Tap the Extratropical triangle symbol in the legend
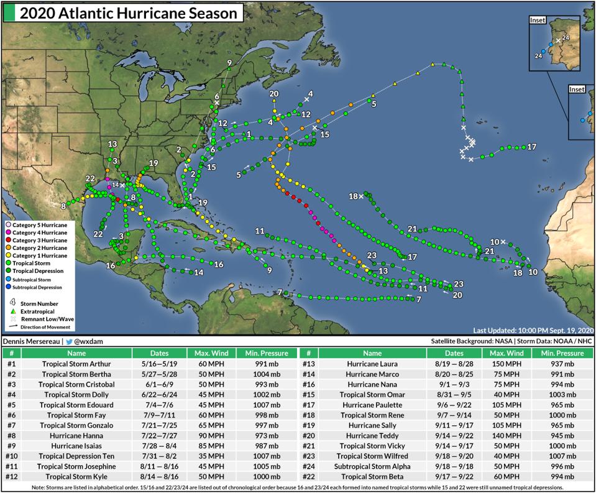[x=12, y=311]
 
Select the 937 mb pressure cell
[x=563, y=364]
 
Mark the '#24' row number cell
[x=308, y=466]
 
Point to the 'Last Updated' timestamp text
[x=533, y=330]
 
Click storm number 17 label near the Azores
[x=531, y=147]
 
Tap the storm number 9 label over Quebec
[x=229, y=63]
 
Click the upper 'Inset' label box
[x=537, y=20]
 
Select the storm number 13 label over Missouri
[x=112, y=144]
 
